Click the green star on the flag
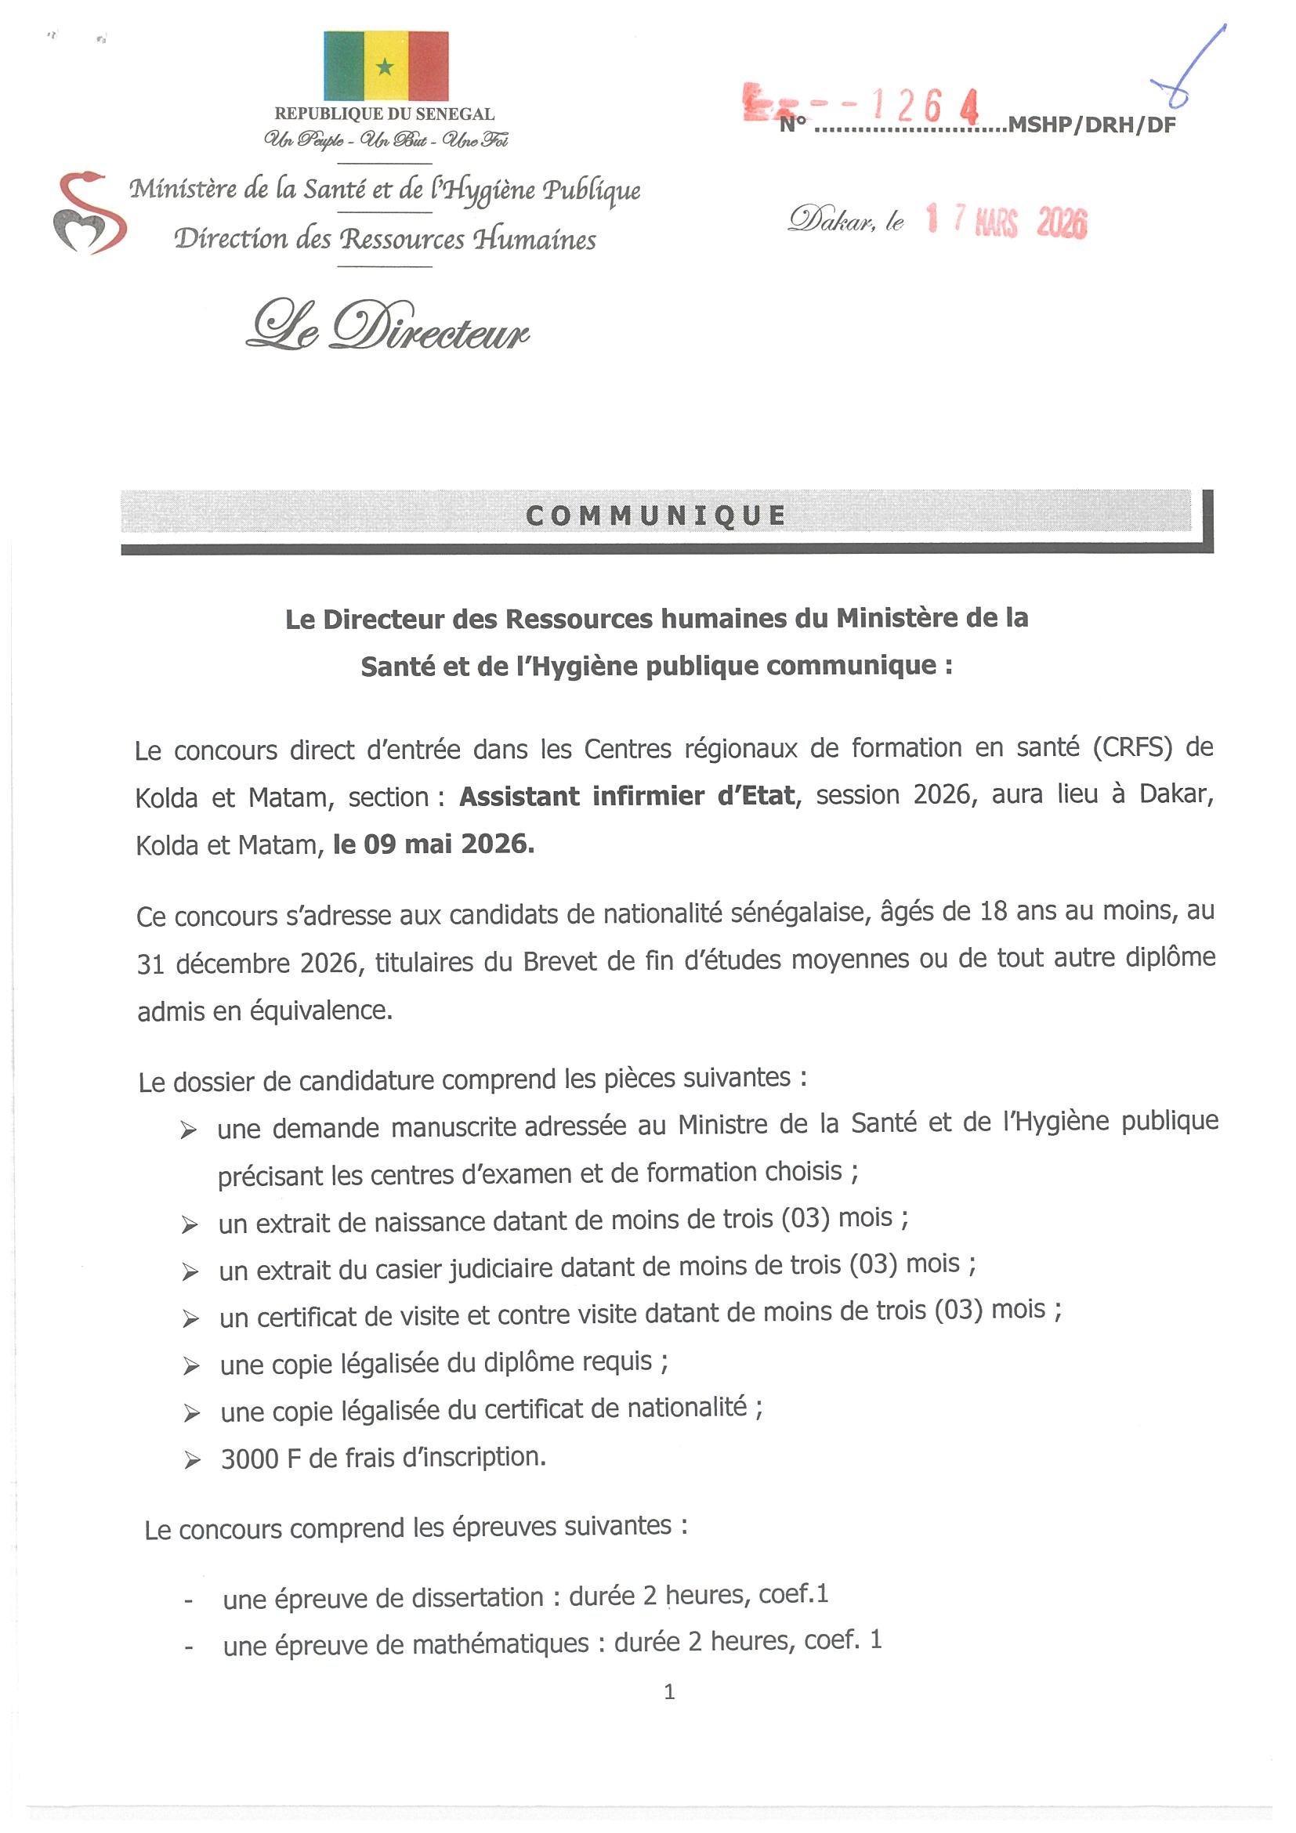tap(385, 67)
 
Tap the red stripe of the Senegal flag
tap(428, 66)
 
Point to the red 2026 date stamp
tap(1061, 222)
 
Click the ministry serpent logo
tap(89, 213)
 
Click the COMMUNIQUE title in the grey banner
tap(656, 515)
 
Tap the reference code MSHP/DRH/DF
tap(1091, 125)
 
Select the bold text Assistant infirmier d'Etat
tap(627, 796)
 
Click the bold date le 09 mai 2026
tap(433, 844)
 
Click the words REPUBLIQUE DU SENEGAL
tap(384, 114)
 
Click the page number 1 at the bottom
tap(669, 1691)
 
